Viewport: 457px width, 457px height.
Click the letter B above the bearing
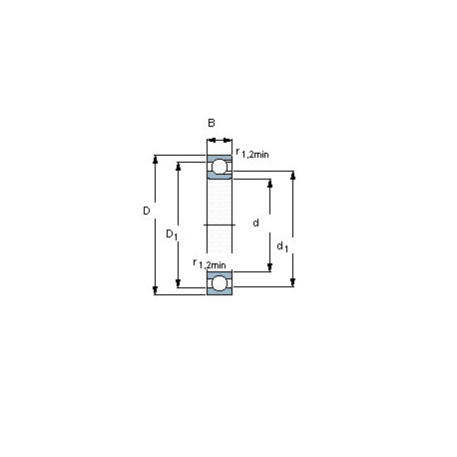point(212,123)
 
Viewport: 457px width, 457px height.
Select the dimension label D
point(147,211)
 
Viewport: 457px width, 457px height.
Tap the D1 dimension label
point(172,234)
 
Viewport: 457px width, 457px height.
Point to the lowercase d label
point(255,223)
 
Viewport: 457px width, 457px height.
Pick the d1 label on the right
point(282,246)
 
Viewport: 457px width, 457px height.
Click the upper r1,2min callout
point(252,153)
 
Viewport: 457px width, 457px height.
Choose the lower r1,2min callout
point(210,263)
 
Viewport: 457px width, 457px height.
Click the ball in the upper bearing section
point(220,167)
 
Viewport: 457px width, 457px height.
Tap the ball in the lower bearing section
point(219,283)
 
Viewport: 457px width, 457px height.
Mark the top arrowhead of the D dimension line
point(155,160)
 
